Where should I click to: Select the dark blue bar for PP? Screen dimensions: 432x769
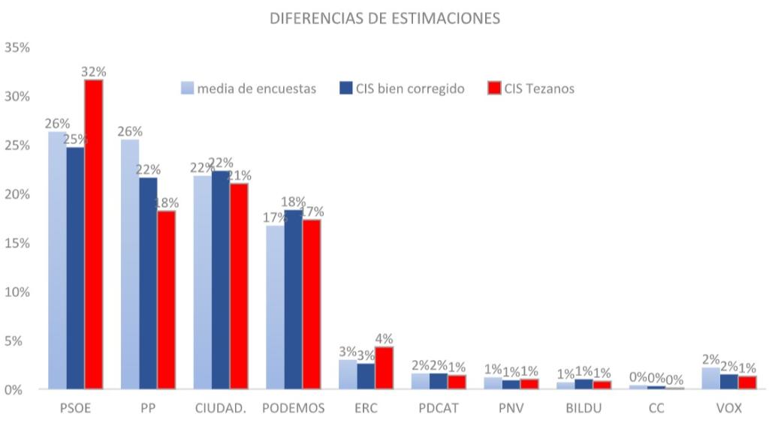coord(148,283)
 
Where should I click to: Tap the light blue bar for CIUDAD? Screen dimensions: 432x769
coord(203,282)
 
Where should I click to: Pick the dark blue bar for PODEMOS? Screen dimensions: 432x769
coord(293,299)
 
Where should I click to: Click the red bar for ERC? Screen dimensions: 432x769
coord(384,367)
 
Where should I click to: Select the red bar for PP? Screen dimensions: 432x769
coord(166,299)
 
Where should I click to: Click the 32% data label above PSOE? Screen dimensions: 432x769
coord(94,72)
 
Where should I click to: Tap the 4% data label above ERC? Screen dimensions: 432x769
coord(384,339)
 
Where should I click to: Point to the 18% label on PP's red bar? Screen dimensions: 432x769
coord(167,202)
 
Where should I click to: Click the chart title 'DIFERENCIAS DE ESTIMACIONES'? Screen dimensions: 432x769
coord(384,19)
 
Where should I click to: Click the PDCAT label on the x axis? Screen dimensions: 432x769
coord(439,409)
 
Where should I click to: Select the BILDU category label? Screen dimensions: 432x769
coord(584,409)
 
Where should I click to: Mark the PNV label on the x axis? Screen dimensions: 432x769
coord(511,409)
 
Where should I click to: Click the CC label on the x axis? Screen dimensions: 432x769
coord(656,409)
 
